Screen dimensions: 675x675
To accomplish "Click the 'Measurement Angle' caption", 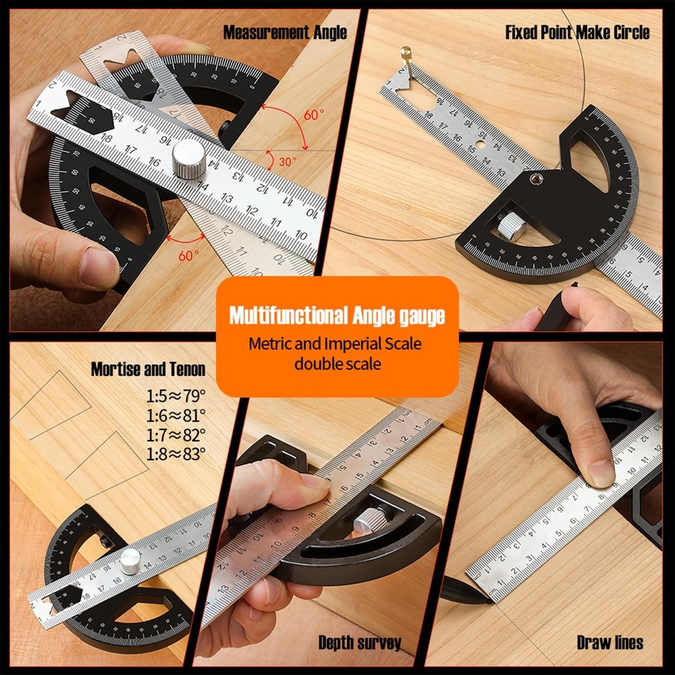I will (x=285, y=32).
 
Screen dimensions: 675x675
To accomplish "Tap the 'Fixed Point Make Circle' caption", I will (x=577, y=32).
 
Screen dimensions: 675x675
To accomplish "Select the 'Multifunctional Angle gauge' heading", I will (x=337, y=315).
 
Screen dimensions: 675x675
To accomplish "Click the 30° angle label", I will (x=287, y=163).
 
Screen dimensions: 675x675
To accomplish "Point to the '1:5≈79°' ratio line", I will (x=176, y=396).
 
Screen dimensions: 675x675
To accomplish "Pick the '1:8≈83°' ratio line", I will (x=176, y=454).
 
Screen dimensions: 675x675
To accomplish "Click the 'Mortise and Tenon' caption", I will (x=148, y=369).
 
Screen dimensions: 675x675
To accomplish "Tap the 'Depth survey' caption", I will (x=360, y=642).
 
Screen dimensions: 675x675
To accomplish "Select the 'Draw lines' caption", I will (x=610, y=642).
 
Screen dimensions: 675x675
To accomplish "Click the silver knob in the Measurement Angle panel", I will (x=188, y=159).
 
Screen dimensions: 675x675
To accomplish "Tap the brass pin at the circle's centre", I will (x=406, y=52).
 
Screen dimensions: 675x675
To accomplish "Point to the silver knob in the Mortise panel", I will (x=130, y=561).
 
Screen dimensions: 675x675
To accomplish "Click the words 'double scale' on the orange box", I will (x=337, y=364).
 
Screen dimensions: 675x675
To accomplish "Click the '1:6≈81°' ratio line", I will (x=176, y=415).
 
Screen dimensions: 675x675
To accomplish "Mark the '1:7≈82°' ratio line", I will (x=176, y=435).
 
